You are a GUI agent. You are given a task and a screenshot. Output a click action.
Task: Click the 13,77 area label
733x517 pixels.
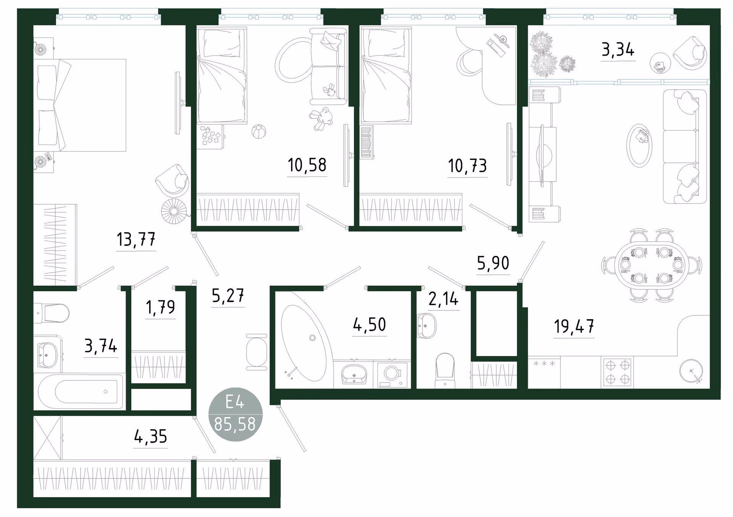pos(136,239)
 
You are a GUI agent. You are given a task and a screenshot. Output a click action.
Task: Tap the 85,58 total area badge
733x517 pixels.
pos(235,414)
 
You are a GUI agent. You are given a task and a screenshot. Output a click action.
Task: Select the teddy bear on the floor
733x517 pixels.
pos(321,119)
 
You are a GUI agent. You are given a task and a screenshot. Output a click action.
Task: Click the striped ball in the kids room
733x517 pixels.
pos(258,132)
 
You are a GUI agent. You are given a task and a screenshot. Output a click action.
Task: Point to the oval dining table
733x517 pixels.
pos(652,265)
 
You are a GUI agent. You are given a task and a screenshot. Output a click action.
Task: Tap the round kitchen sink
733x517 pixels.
pos(691,371)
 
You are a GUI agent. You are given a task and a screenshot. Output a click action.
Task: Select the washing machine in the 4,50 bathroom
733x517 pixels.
pos(392,375)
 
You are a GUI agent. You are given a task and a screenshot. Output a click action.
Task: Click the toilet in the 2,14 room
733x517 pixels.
pos(445,370)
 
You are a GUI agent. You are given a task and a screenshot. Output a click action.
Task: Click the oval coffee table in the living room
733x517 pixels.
pos(639,145)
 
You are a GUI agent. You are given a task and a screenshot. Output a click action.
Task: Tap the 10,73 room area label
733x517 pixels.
pos(467,166)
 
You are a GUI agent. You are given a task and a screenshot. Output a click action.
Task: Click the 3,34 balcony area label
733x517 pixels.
pos(618,50)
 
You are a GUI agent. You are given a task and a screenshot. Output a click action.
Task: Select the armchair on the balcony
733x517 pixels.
pos(689,53)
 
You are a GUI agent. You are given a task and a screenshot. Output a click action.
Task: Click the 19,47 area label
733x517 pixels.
pos(574,327)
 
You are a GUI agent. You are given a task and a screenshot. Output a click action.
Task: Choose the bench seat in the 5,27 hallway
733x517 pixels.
pos(257,352)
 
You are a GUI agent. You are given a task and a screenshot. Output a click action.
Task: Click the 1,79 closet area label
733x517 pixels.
pos(160,307)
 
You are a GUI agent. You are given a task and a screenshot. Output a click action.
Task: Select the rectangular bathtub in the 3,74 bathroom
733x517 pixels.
pos(79,392)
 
